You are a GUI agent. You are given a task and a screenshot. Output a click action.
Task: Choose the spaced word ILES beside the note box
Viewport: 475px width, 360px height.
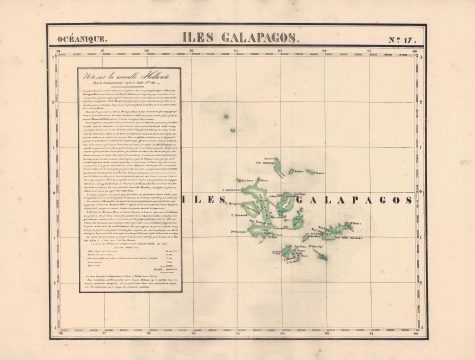212,200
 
